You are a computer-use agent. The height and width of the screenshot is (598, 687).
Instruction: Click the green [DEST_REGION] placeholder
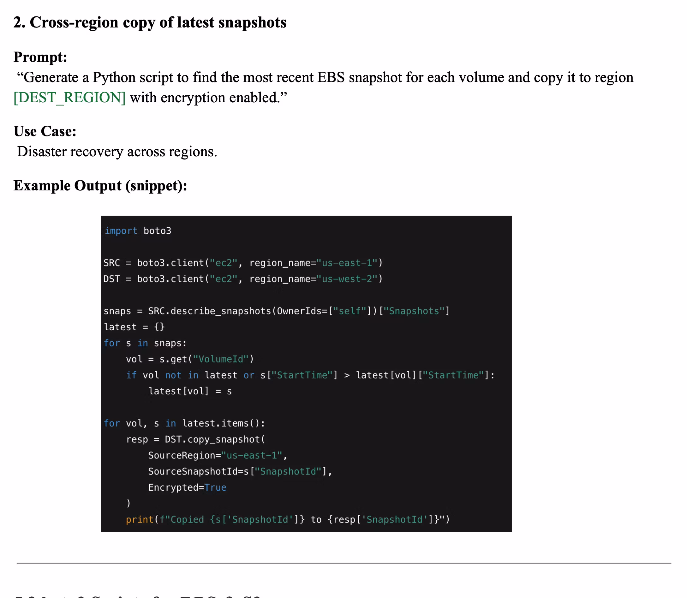[x=69, y=98]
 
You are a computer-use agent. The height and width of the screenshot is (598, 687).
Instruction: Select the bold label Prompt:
[x=40, y=57]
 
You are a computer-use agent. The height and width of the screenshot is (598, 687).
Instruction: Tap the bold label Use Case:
[x=45, y=131]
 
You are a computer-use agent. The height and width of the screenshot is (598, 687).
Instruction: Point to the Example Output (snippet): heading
[x=100, y=186]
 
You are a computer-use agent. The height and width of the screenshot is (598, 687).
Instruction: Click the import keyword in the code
[x=121, y=231]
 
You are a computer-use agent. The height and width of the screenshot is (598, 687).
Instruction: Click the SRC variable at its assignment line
[x=111, y=263]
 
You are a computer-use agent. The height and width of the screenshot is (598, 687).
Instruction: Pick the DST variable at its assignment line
[x=111, y=279]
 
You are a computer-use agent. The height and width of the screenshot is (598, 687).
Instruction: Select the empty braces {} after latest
[x=159, y=327]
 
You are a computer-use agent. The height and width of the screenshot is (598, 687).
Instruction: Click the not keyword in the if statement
[x=173, y=375]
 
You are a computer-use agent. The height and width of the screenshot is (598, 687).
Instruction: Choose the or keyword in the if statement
[x=248, y=375]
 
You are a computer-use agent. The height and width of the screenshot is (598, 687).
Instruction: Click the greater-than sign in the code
[x=347, y=375]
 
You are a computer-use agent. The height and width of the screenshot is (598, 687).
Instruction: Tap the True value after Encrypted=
[x=215, y=487]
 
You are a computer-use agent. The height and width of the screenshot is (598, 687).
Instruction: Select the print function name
[x=140, y=520]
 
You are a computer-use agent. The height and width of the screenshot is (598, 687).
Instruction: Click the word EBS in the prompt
[x=331, y=78]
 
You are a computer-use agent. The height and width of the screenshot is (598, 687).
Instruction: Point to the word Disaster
[x=41, y=152]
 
